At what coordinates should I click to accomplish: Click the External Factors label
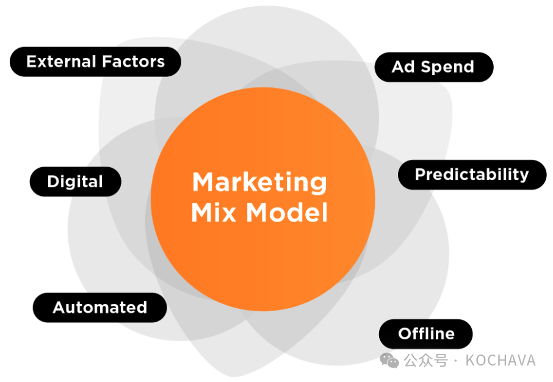click(x=96, y=62)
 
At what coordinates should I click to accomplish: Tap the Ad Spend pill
click(x=433, y=67)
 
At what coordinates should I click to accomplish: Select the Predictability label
click(x=472, y=175)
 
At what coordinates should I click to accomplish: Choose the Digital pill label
click(x=75, y=182)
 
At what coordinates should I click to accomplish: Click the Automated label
click(x=99, y=308)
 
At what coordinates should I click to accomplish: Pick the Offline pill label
click(x=426, y=334)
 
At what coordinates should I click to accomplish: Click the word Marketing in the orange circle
click(x=260, y=182)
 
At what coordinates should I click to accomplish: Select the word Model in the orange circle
click(x=287, y=213)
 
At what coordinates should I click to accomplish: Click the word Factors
click(x=133, y=62)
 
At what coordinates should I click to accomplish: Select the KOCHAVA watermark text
click(x=501, y=361)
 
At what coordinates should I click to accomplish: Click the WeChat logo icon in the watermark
click(x=389, y=361)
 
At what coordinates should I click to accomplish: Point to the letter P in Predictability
click(x=419, y=175)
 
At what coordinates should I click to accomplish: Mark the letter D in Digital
click(x=52, y=182)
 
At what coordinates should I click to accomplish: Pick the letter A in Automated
click(x=59, y=308)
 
